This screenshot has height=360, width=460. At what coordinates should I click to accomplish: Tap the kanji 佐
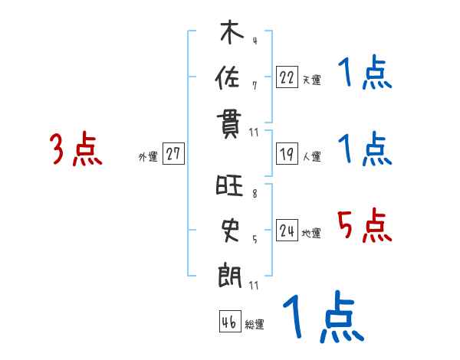231,79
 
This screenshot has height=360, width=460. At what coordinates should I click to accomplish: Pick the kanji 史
231,230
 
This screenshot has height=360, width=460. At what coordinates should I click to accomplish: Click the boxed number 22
287,77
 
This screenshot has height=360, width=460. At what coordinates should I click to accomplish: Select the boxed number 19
287,154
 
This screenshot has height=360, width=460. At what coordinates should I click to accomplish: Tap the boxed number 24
287,231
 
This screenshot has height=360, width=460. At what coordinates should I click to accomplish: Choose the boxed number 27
173,154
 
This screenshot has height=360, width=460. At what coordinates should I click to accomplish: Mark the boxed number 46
229,322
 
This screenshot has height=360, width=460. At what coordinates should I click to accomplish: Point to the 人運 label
311,156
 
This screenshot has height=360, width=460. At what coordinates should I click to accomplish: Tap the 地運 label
311,234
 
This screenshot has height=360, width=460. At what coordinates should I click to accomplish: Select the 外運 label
148,156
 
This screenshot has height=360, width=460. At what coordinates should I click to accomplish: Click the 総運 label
255,324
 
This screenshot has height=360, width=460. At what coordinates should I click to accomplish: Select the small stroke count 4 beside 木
255,42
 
